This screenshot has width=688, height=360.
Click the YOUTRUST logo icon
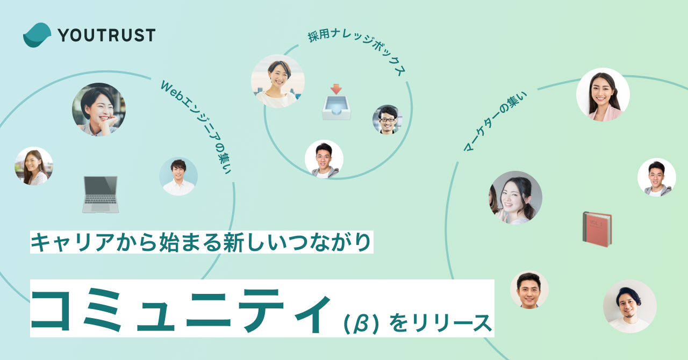[37, 35]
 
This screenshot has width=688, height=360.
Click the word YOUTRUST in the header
[106, 35]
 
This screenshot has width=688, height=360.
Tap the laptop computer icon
[101, 195]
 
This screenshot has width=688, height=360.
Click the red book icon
[597, 229]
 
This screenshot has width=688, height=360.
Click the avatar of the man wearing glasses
[387, 119]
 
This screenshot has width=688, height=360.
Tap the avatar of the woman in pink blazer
[603, 95]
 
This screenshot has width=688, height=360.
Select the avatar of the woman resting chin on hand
[99, 110]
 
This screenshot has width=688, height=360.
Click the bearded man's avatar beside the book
[629, 306]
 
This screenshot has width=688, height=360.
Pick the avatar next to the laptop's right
[178, 176]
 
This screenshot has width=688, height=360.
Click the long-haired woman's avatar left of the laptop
[34, 167]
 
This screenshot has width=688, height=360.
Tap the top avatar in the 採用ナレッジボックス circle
[278, 81]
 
